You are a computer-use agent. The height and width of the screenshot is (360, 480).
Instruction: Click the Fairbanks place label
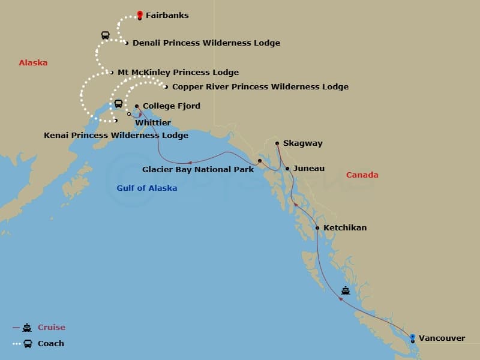pyautogui.click(x=167, y=15)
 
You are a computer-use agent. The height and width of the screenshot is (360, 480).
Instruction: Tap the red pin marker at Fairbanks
pyautogui.click(x=140, y=14)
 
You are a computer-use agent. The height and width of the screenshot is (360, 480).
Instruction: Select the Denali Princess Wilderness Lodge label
pyautogui.click(x=206, y=43)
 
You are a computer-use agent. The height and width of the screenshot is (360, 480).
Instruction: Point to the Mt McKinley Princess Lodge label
pyautogui.click(x=178, y=73)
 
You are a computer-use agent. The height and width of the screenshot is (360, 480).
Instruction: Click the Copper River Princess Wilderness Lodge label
pyautogui.click(x=260, y=87)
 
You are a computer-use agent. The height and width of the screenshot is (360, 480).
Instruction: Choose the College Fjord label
pyautogui.click(x=171, y=106)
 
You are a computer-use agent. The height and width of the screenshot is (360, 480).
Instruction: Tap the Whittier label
pyautogui.click(x=153, y=122)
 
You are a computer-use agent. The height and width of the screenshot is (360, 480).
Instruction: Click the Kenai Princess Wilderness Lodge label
pyautogui.click(x=116, y=136)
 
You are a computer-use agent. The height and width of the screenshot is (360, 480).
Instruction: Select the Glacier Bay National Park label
pyautogui.click(x=197, y=170)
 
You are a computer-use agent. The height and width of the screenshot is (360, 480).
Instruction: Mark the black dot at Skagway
pyautogui.click(x=277, y=143)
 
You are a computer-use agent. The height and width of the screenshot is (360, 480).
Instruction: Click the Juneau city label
pyautogui.click(x=308, y=169)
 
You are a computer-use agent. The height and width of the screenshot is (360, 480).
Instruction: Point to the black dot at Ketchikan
pyautogui.click(x=317, y=228)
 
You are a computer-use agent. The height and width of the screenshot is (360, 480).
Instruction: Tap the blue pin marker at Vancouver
pyautogui.click(x=413, y=337)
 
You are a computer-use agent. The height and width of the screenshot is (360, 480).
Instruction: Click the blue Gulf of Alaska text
pyautogui.click(x=146, y=188)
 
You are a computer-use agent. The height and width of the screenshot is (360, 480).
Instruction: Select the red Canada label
pyautogui.click(x=362, y=175)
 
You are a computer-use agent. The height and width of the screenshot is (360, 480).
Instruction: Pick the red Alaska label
pyautogui.click(x=33, y=63)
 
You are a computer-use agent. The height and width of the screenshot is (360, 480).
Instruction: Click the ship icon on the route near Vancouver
pyautogui.click(x=346, y=290)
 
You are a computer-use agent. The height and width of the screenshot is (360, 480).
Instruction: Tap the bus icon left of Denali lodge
pyautogui.click(x=106, y=35)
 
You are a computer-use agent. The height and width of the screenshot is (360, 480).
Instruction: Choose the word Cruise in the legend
pyautogui.click(x=52, y=328)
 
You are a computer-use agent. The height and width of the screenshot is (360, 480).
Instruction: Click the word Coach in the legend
pyautogui.click(x=51, y=344)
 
